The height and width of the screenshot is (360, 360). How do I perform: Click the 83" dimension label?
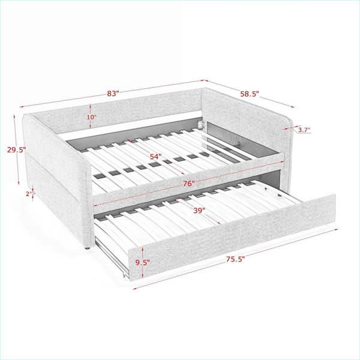[113, 94]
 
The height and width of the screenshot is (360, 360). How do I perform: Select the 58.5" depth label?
[250, 94]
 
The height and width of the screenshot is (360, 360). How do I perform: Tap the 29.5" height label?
[16, 150]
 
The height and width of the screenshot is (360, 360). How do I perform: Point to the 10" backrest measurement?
[91, 117]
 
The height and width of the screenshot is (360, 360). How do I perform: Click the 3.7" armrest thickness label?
[304, 130]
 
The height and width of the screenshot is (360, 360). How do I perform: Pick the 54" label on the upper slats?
[155, 157]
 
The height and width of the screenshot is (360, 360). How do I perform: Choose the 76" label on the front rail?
[189, 184]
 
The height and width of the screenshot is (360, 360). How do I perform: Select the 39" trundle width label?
[199, 211]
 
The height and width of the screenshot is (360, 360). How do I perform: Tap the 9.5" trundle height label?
[143, 262]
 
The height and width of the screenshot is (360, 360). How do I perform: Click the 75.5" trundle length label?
[236, 259]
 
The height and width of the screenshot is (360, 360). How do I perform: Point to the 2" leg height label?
[29, 194]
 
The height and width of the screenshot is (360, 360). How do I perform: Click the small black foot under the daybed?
[87, 248]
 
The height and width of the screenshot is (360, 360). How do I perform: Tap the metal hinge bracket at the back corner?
[202, 124]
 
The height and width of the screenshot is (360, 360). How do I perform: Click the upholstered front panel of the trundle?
[232, 237]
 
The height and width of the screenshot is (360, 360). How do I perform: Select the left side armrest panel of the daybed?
[58, 179]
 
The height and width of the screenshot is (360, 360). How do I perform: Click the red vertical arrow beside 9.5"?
[143, 262]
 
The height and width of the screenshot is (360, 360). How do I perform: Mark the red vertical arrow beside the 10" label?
[90, 116]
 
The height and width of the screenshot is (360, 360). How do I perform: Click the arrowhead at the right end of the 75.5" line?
[336, 229]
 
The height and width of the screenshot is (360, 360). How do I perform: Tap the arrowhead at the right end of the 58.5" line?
[292, 107]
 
